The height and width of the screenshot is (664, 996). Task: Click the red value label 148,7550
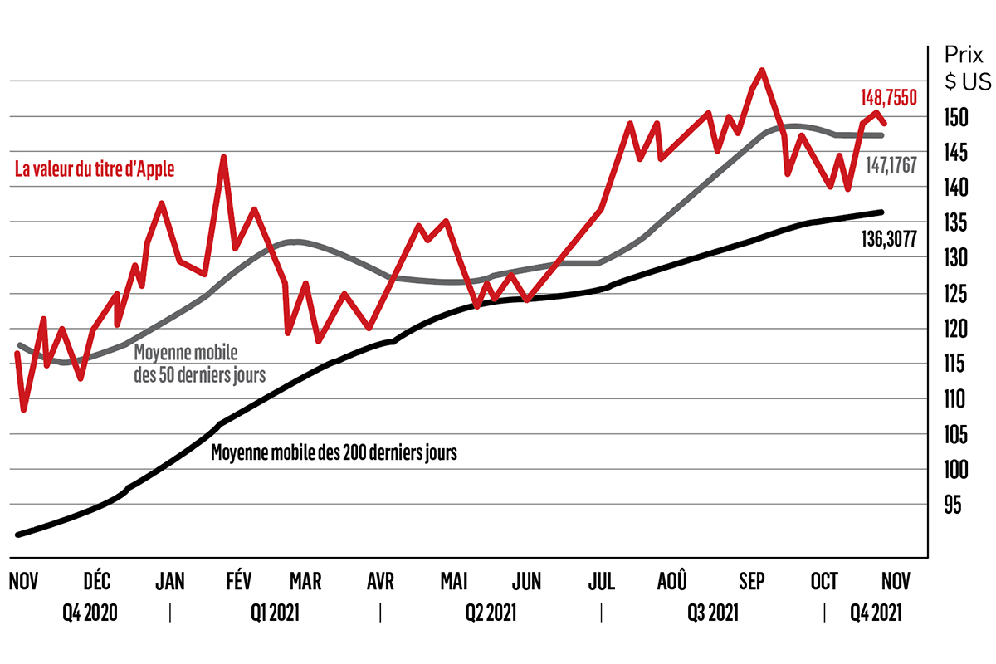coord(888,98)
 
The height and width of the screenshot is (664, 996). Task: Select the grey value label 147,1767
coord(891,165)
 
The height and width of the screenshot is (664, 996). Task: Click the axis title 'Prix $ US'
coord(965,69)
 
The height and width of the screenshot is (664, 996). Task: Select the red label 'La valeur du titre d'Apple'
coord(95,169)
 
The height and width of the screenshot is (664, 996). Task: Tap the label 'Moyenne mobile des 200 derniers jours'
coord(334,453)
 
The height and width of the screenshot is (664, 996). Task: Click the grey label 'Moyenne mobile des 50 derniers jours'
coord(199,363)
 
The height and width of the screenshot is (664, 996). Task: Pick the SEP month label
coord(752,581)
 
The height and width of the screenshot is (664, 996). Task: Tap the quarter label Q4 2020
coord(90,614)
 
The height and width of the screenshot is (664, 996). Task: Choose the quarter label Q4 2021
coord(875,614)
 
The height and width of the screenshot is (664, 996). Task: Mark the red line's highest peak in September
coord(761,71)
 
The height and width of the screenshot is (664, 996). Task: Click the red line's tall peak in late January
coord(222,156)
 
